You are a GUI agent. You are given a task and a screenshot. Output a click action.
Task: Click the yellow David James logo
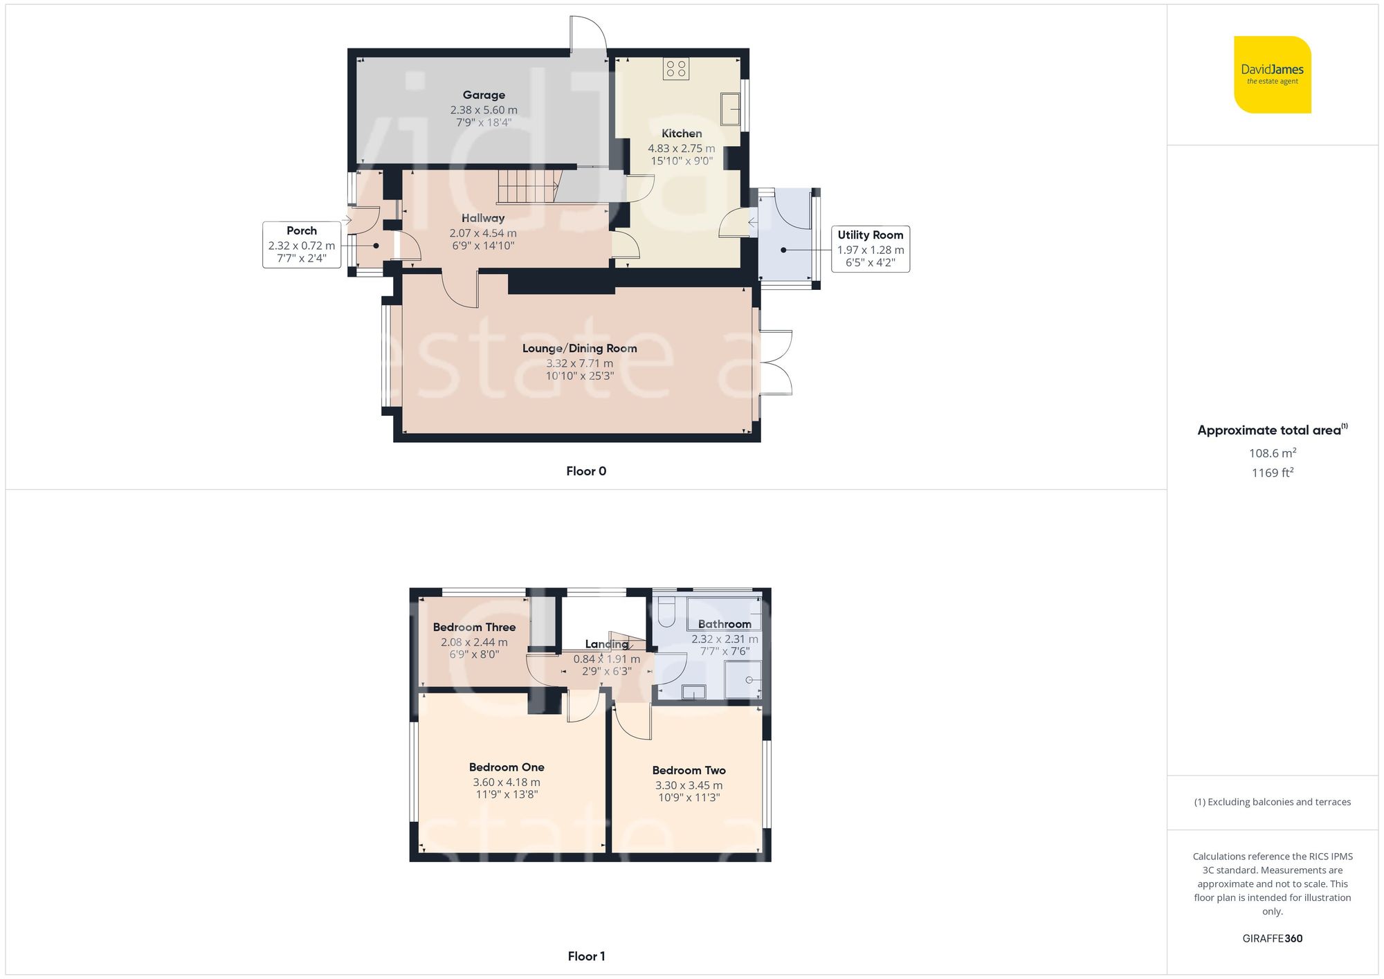click(1272, 75)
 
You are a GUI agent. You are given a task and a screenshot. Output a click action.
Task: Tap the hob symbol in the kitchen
click(675, 68)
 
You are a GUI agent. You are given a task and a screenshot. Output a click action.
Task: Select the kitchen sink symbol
click(730, 109)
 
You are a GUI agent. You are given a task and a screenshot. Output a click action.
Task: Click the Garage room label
click(484, 95)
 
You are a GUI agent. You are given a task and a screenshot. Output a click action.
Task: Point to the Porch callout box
click(301, 245)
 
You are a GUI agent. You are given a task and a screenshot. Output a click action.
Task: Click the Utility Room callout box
click(870, 249)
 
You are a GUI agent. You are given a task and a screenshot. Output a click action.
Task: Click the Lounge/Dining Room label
click(579, 349)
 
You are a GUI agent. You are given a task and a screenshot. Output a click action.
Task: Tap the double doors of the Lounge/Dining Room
click(776, 363)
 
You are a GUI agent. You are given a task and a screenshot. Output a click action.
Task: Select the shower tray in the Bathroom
click(743, 680)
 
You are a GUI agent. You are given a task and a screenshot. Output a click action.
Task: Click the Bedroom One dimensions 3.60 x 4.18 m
click(507, 783)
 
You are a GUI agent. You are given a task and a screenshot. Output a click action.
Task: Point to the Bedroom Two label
click(689, 770)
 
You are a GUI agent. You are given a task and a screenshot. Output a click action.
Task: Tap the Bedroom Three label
click(474, 628)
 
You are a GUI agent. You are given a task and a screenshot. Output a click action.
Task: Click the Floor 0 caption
click(585, 471)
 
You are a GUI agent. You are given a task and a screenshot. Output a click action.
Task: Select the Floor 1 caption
click(585, 956)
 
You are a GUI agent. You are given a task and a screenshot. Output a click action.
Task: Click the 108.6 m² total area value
click(1272, 453)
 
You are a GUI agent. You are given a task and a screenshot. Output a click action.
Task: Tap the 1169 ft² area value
click(1272, 473)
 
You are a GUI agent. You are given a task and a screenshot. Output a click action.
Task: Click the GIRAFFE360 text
click(1272, 939)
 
